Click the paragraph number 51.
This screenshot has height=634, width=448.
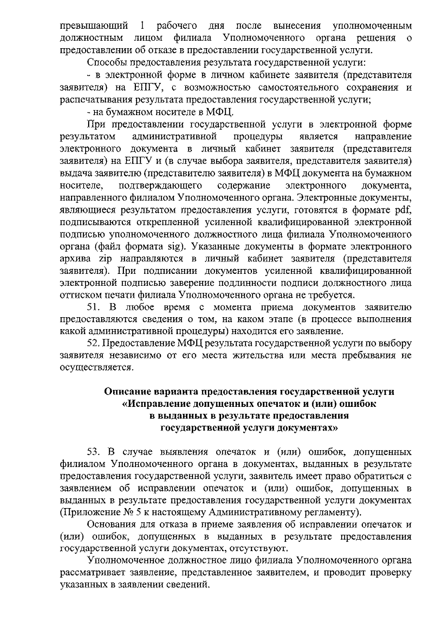[93, 307]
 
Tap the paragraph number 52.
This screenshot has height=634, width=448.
[94, 343]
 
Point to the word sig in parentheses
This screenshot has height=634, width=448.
[178, 247]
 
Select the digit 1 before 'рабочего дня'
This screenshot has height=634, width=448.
[141, 26]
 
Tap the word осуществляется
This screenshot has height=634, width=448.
[96, 367]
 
